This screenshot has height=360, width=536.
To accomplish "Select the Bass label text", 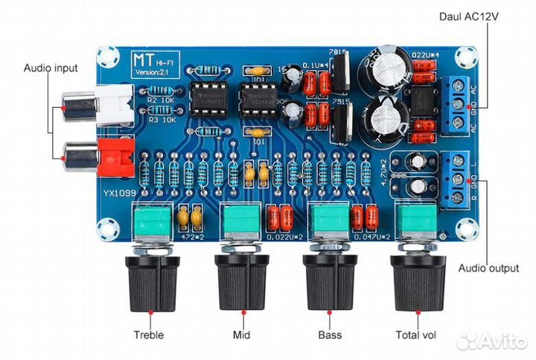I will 329,334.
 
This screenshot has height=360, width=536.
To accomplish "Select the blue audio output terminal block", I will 457,179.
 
